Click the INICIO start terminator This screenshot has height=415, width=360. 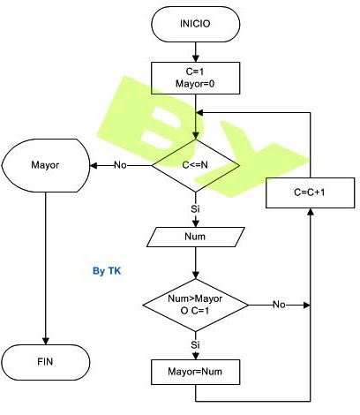click(196, 24)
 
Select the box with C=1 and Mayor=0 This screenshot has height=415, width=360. click(196, 78)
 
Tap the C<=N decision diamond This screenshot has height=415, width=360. click(196, 165)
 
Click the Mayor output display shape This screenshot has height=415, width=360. click(46, 165)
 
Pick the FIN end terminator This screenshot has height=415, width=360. click(46, 362)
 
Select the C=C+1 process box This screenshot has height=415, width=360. click(311, 192)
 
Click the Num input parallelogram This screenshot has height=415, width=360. click(196, 237)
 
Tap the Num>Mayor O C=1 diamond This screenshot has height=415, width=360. click(196, 305)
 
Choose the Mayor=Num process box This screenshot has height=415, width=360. click(196, 372)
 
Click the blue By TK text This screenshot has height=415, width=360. click(107, 271)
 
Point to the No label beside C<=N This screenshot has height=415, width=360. click(120, 165)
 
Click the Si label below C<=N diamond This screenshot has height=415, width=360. click(195, 208)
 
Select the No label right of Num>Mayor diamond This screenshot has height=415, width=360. click(279, 305)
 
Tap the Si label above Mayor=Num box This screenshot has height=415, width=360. click(195, 344)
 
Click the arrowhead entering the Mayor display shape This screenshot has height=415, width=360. click(94, 165)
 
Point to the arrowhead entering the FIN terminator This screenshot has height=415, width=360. click(46, 341)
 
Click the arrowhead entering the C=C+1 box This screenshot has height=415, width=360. click(311, 212)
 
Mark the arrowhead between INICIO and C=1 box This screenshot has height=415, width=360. click(196, 58)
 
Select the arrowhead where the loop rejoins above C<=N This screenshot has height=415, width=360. click(199, 113)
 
